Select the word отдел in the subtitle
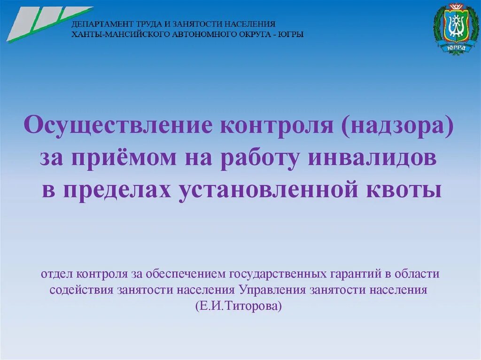coord(57,274)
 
